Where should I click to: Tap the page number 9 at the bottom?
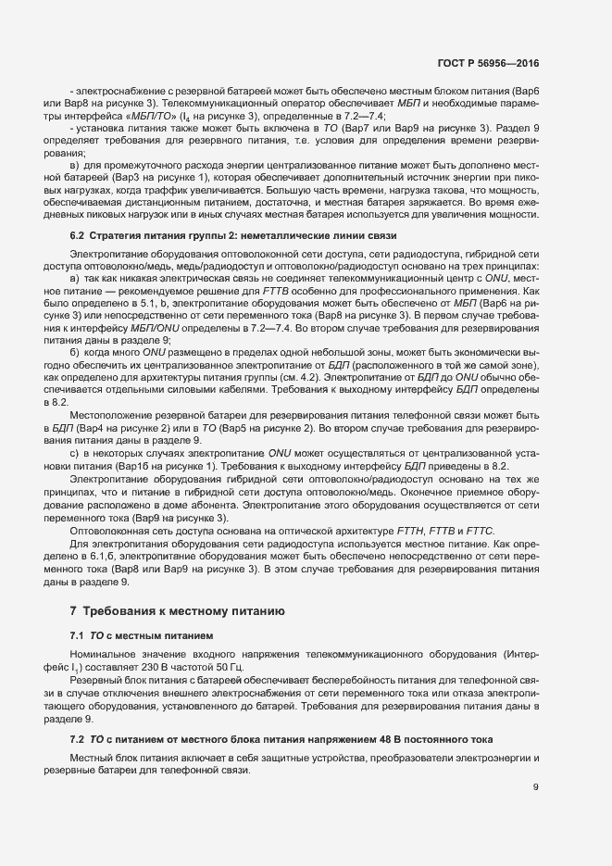536,787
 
